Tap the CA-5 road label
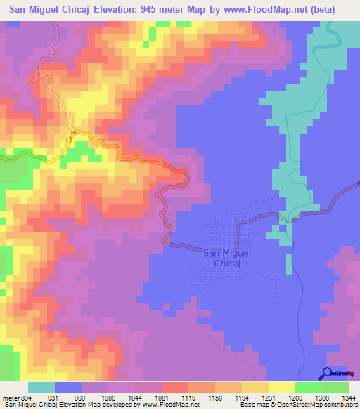click(x=71, y=141)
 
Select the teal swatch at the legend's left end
click(x=41, y=388)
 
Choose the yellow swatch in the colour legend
click(x=281, y=388)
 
